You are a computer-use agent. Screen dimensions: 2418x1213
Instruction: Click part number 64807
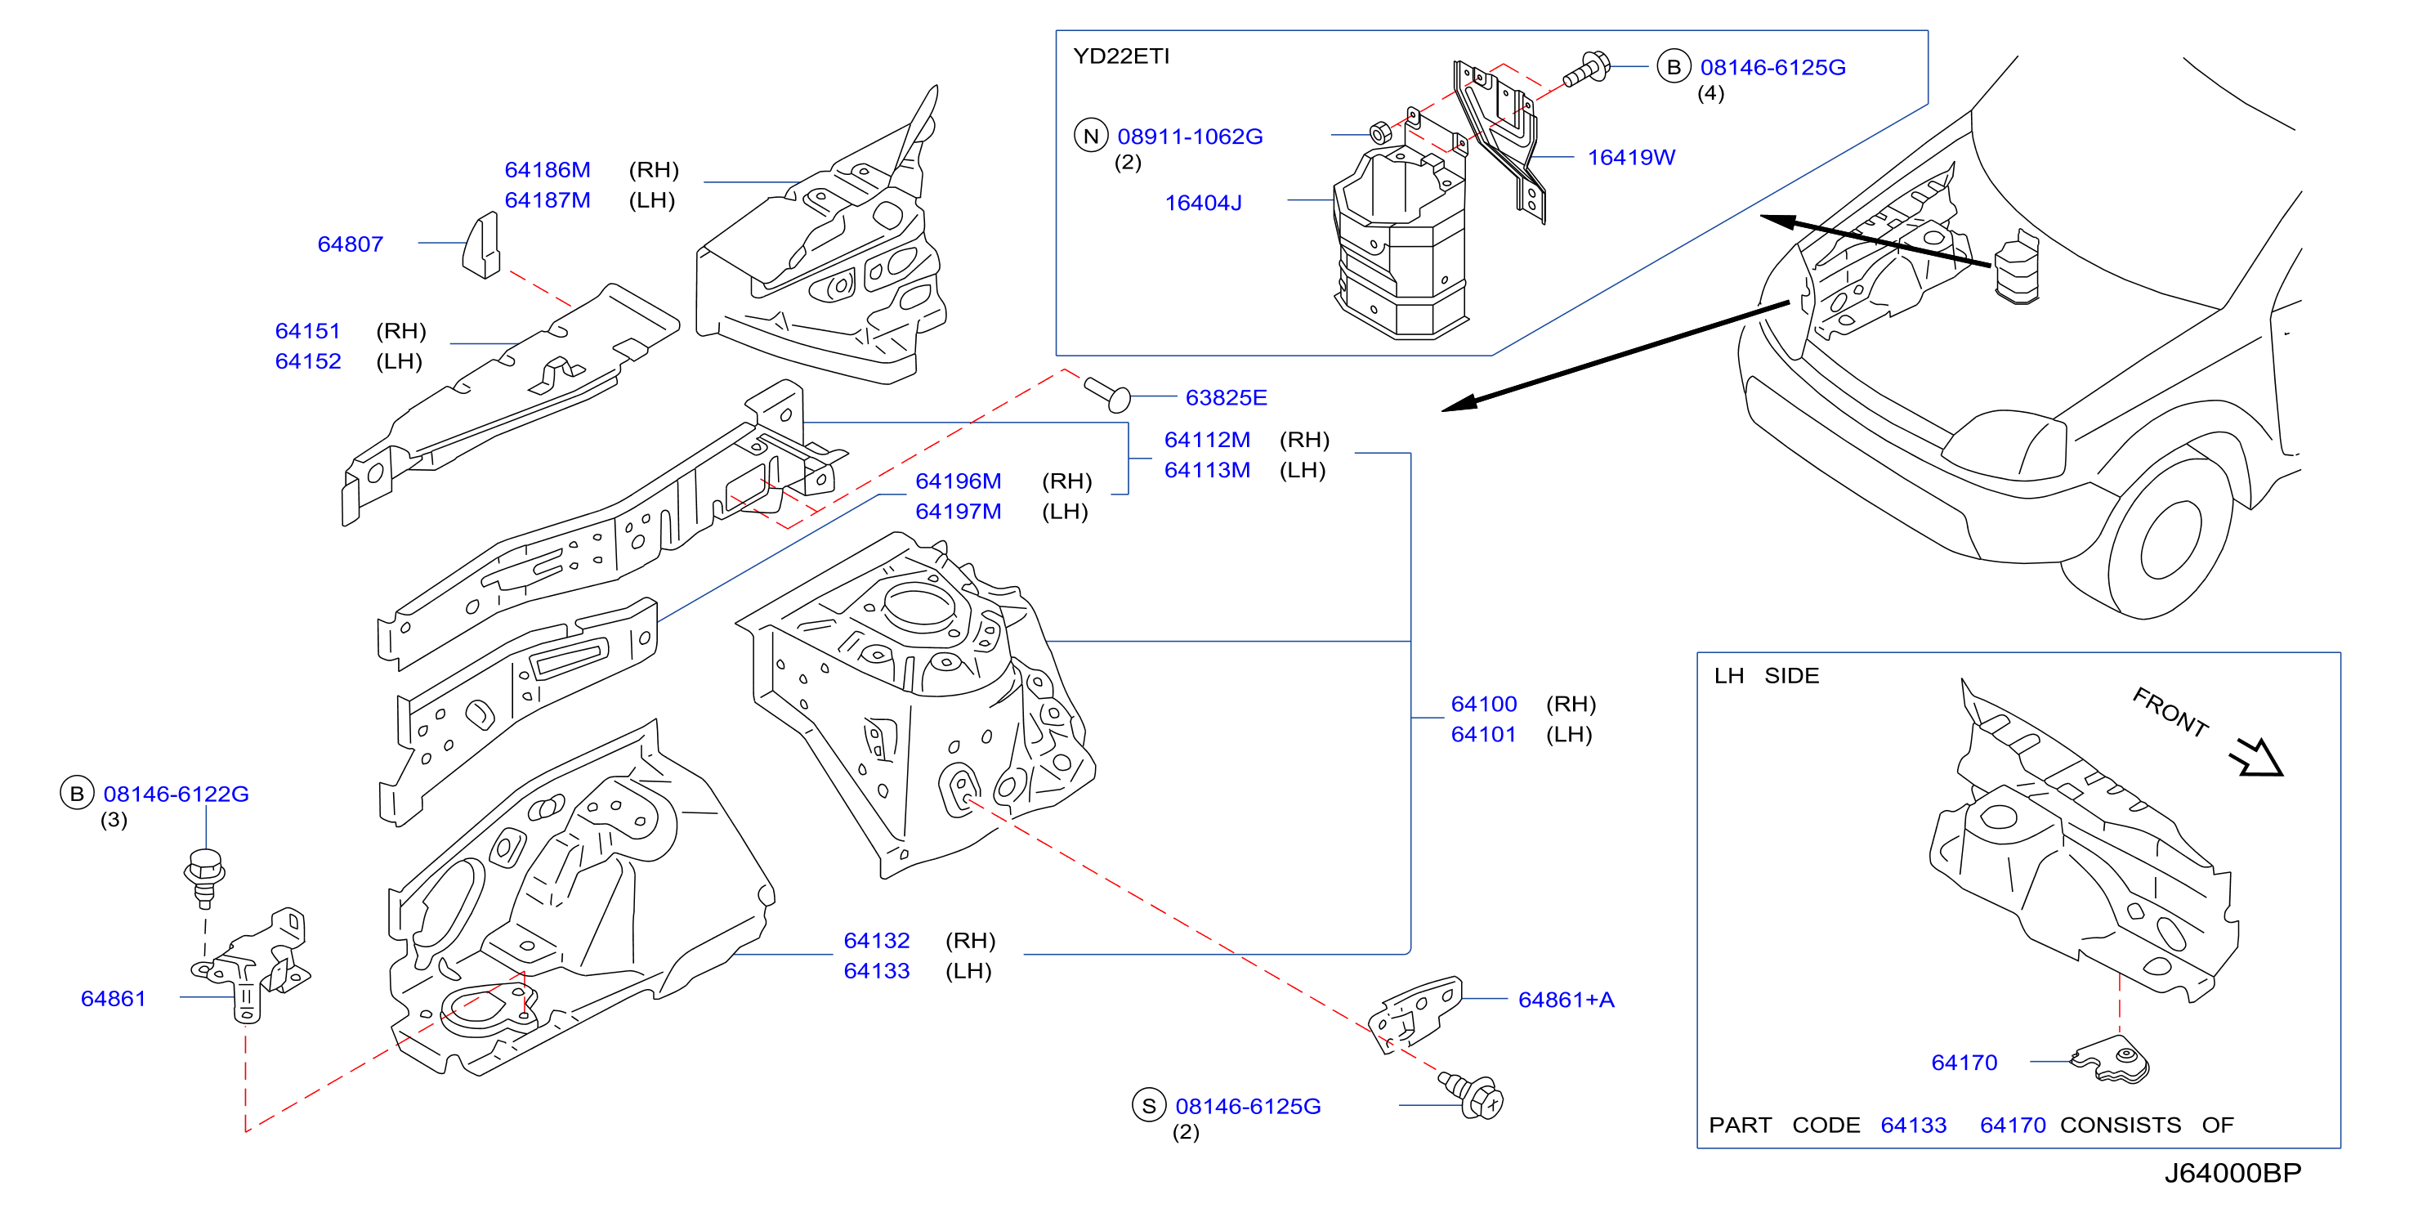350,244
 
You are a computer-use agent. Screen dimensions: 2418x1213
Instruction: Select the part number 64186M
548,170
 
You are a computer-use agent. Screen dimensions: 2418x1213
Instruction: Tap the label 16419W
1630,158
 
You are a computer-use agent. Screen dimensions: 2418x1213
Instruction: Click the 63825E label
1226,398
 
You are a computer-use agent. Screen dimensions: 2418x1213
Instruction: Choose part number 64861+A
1566,1000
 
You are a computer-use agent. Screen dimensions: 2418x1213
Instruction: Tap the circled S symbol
1149,1106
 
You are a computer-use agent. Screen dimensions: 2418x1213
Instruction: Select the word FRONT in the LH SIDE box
2170,712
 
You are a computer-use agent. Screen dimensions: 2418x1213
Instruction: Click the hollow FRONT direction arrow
2259,757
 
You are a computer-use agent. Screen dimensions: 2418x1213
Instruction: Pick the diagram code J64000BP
2233,1173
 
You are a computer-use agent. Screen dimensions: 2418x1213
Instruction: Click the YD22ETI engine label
1121,56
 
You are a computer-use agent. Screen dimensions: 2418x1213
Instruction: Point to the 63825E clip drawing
1107,393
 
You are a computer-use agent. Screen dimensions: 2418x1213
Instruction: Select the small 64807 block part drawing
481,245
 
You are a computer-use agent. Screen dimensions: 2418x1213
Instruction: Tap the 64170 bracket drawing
2110,1060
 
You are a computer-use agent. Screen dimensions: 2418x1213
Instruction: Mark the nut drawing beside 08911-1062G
1380,132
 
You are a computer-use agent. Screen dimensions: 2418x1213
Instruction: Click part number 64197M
959,512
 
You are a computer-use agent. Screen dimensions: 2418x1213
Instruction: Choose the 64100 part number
1483,704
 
